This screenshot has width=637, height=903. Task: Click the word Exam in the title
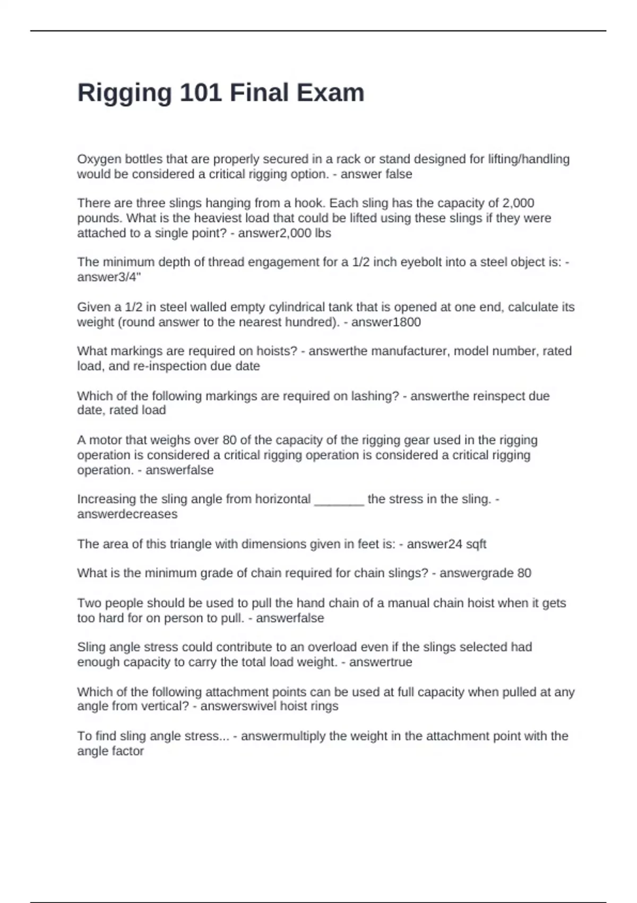click(330, 92)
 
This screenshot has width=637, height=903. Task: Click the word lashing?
click(375, 396)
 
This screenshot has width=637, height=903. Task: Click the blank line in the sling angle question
click(339, 500)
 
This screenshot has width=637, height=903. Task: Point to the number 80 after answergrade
click(524, 573)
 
